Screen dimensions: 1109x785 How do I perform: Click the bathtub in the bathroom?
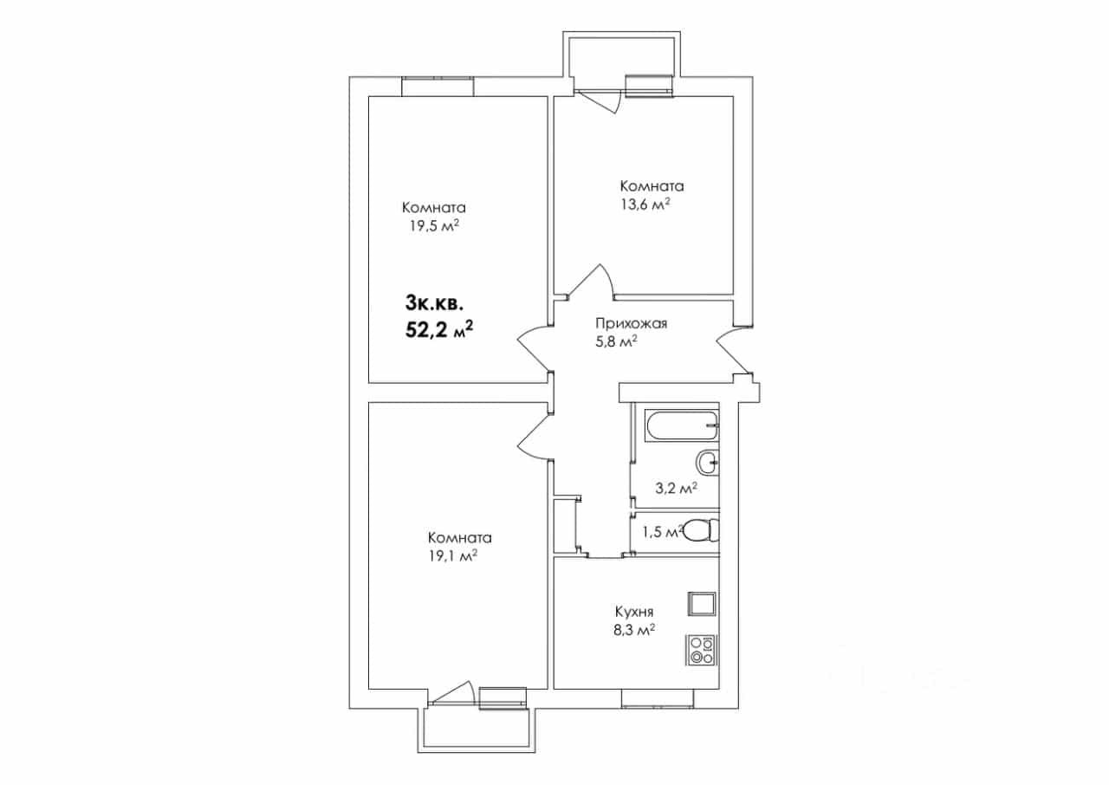[681, 425]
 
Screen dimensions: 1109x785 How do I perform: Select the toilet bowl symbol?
[701, 529]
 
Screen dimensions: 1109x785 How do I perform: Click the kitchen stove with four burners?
[701, 650]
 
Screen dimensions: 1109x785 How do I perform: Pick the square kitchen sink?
[701, 604]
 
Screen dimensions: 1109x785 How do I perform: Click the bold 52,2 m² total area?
[439, 329]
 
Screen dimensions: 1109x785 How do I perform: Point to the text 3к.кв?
[434, 303]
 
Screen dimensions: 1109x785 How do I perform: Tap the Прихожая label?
[631, 324]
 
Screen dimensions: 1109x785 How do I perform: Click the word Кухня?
[633, 612]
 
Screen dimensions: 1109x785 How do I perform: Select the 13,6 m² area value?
[645, 204]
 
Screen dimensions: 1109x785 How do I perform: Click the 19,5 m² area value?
[434, 226]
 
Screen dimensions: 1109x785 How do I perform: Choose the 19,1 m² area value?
[453, 556]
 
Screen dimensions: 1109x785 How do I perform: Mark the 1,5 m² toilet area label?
[663, 532]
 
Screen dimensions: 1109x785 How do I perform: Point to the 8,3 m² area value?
[634, 631]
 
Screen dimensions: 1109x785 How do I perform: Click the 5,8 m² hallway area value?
[616, 342]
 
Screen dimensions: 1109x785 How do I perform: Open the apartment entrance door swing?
[734, 352]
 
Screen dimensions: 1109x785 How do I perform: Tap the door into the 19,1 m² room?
[534, 437]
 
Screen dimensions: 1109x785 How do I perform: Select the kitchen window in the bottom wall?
[658, 698]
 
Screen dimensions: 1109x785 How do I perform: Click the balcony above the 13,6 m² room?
[621, 55]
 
